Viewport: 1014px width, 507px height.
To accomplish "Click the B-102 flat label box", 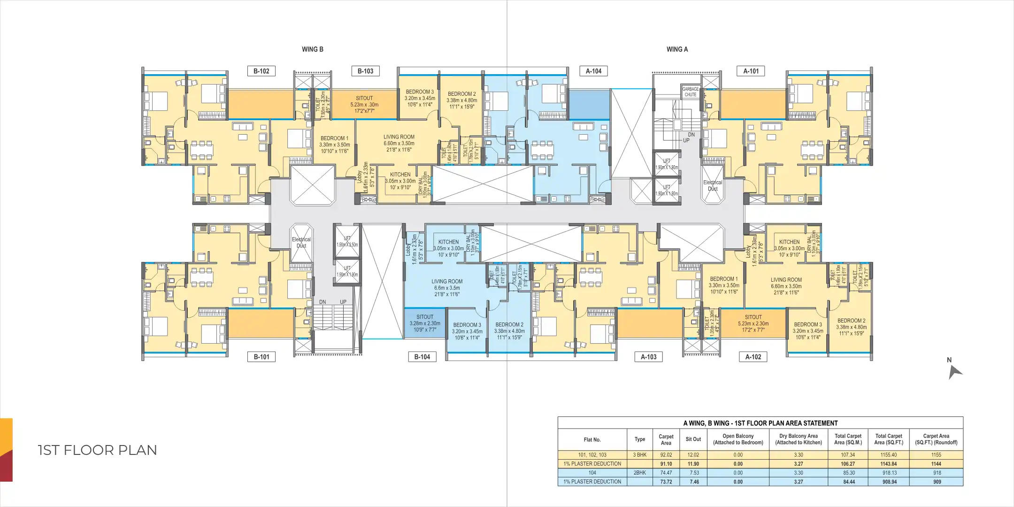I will (x=261, y=71).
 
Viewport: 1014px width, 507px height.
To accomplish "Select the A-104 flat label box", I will (x=593, y=71).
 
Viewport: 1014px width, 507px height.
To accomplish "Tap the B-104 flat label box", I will (x=422, y=357).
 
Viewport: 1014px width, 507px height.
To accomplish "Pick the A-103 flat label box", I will (x=648, y=357).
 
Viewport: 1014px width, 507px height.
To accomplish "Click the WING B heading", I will (x=312, y=49).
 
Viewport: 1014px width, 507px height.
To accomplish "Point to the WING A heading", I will (x=677, y=49).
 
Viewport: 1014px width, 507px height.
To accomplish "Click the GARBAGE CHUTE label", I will (x=690, y=92).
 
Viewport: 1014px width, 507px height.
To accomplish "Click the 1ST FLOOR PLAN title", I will (x=97, y=450).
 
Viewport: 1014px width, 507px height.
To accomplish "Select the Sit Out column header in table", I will (x=693, y=439).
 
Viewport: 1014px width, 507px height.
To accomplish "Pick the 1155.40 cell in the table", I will (x=889, y=455).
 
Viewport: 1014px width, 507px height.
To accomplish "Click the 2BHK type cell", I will (x=639, y=473).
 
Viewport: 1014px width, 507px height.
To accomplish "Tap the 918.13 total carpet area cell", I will (x=889, y=473).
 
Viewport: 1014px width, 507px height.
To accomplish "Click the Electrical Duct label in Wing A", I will (x=712, y=185).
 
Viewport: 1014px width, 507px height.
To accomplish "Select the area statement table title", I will (x=760, y=423).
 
